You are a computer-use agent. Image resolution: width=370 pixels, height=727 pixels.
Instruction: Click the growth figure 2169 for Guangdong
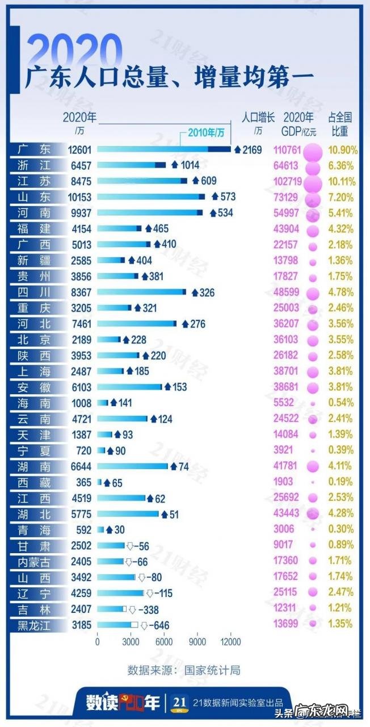click(x=251, y=150)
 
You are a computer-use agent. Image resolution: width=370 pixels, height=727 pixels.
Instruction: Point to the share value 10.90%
click(x=343, y=150)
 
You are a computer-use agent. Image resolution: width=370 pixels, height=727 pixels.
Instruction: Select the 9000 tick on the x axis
click(x=197, y=642)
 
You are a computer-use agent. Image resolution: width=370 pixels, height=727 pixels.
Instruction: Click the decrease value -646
click(x=159, y=625)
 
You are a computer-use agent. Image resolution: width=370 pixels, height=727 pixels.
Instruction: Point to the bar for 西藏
click(x=99, y=483)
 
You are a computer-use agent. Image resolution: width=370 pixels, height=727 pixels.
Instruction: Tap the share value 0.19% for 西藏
click(x=343, y=482)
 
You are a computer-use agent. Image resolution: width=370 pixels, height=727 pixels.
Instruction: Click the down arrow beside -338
click(x=132, y=609)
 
